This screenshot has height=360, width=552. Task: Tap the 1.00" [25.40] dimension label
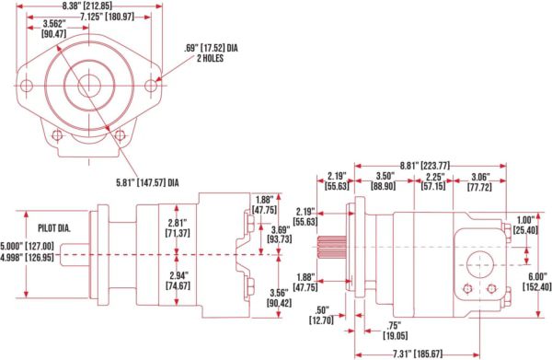tap(528, 224)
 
